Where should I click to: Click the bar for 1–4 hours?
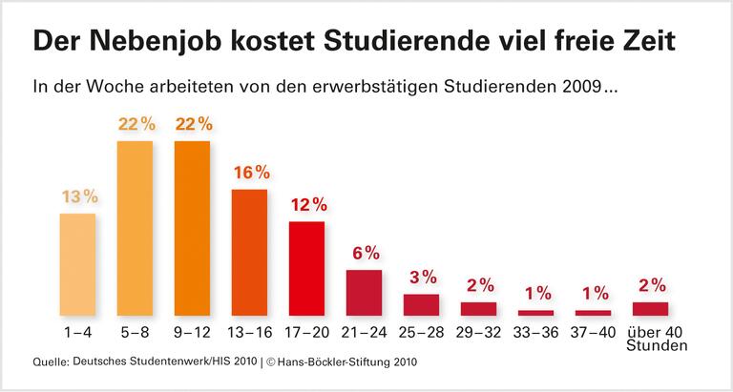tap(77, 264)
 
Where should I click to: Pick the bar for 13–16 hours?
tap(249, 253)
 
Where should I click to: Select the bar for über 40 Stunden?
tap(650, 308)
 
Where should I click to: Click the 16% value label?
tap(251, 173)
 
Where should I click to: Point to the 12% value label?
tap(308, 205)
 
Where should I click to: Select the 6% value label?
tap(366, 254)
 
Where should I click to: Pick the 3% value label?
tap(423, 278)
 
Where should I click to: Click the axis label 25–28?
tap(421, 333)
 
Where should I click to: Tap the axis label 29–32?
tap(478, 333)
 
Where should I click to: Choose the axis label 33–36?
tap(535, 333)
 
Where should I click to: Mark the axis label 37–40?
tap(593, 333)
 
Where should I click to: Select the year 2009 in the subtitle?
tap(583, 88)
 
